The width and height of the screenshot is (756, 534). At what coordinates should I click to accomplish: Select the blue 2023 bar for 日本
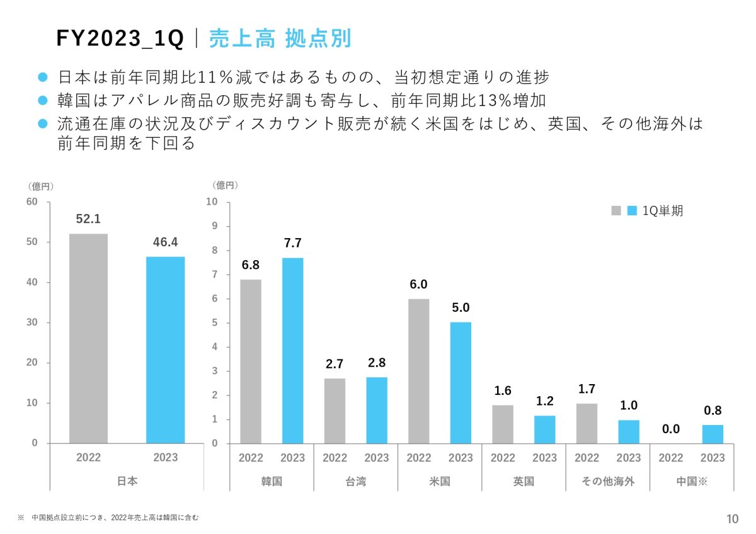[165, 349]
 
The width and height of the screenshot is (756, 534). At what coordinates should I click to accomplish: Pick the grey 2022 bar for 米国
[418, 371]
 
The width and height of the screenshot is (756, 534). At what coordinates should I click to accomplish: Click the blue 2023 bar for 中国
[713, 434]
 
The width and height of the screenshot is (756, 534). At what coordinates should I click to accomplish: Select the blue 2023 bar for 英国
[544, 429]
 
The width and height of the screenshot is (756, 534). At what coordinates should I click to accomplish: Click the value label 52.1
[88, 219]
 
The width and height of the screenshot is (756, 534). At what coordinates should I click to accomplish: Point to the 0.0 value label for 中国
[671, 429]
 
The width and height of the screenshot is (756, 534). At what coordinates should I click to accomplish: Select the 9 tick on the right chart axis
[214, 226]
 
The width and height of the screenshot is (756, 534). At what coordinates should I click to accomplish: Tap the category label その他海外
[607, 482]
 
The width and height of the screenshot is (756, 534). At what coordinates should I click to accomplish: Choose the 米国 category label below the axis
[439, 482]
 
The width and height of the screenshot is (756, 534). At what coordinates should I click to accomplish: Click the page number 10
[732, 519]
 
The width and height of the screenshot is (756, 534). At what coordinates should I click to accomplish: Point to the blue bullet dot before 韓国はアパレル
[43, 100]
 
